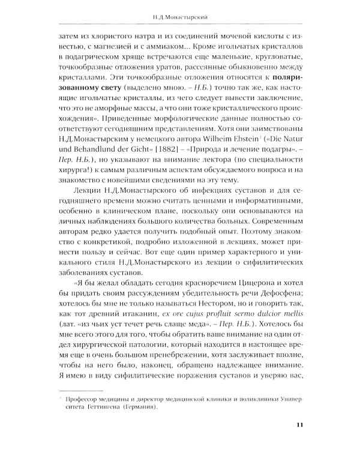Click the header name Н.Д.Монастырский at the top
pyautogui.click(x=179, y=16)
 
